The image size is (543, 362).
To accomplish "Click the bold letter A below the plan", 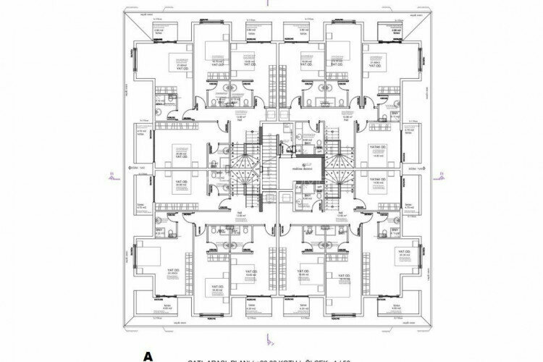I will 149,355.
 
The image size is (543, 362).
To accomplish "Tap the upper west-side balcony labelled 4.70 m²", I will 143,133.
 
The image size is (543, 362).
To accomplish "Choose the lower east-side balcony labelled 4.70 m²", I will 410,206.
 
